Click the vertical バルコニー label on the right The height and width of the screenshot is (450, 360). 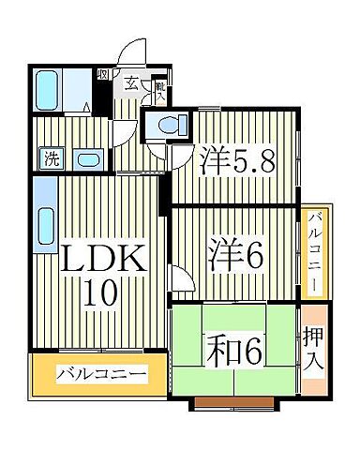click(317, 250)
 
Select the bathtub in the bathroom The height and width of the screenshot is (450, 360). click(49, 92)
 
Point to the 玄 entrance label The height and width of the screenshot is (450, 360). click(132, 84)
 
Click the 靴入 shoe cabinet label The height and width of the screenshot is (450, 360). click(160, 90)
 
